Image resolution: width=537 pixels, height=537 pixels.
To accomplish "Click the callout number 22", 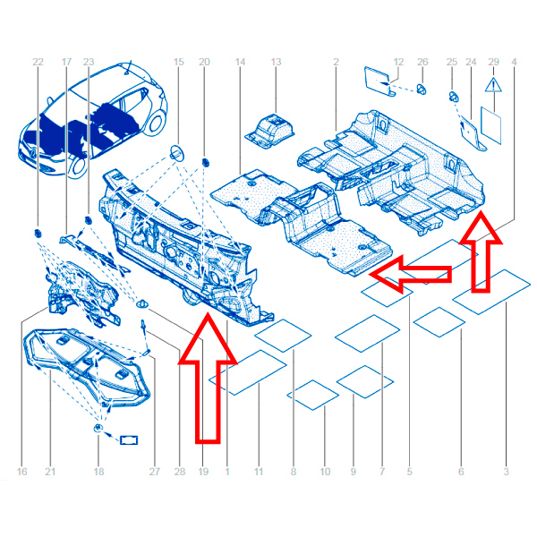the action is pos(38,62).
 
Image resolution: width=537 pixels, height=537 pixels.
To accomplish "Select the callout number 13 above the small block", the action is pos(276,62).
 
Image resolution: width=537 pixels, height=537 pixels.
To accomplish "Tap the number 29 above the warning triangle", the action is pos(493,62).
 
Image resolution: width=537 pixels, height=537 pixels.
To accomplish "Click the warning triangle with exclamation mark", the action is pos(493,85).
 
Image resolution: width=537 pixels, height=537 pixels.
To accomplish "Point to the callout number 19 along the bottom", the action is pos(203,472).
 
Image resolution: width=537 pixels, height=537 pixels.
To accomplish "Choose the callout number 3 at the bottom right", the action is pos(507,472).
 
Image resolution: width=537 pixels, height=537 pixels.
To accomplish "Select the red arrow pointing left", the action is pos(410,274).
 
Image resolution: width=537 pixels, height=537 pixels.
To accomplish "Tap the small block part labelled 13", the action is pos(269,132).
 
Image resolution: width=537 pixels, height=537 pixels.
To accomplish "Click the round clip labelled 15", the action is pos(177,153).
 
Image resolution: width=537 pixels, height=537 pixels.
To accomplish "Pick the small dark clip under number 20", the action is pos(206,162).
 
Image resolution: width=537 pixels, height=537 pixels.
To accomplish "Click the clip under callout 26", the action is pos(422,89).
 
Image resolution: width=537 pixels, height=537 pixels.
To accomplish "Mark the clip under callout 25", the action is pos(454,97).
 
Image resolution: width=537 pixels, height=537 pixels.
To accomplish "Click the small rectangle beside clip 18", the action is pos(129,440).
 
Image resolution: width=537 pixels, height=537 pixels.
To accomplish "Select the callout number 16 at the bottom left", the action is pos(21,472).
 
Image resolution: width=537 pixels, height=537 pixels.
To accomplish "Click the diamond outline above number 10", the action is pos(313,395).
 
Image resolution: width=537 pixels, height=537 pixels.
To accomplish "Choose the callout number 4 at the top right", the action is pos(514,62).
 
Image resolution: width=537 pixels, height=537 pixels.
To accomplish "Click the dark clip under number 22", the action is pos(38,234).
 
